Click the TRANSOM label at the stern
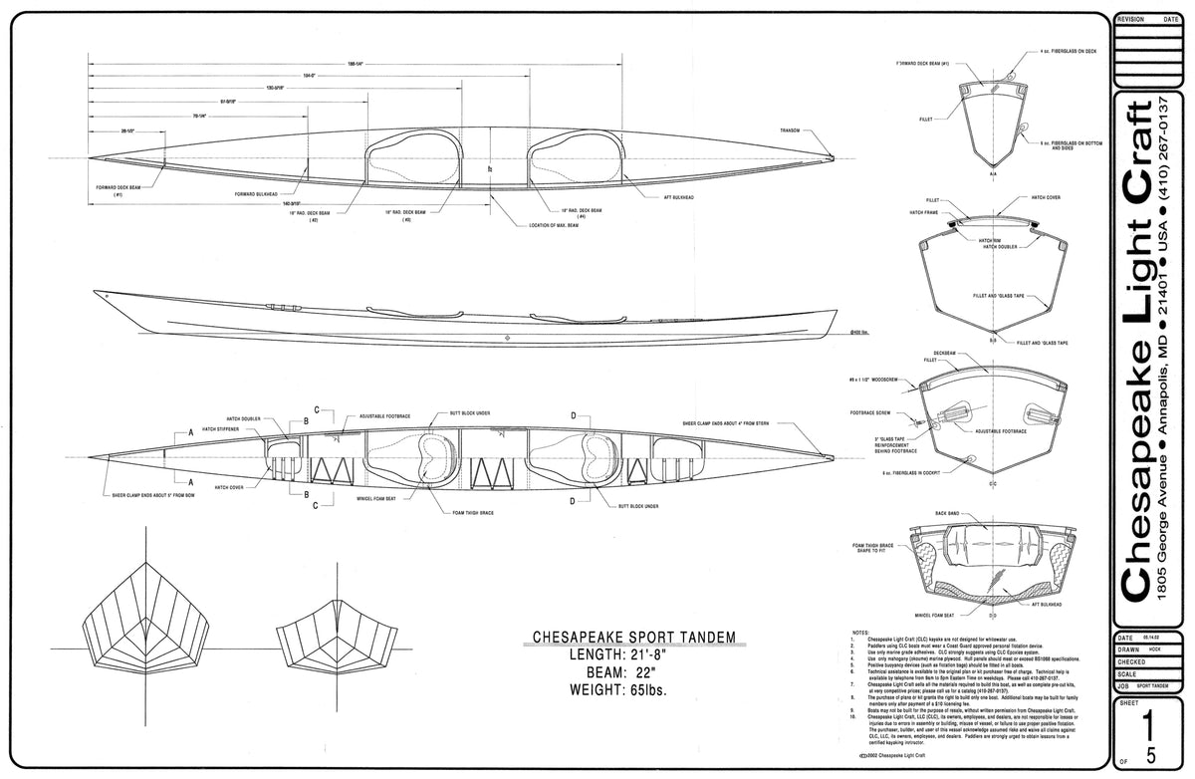tap(792, 130)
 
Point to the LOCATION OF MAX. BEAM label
tap(555, 225)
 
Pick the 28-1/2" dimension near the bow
tap(127, 130)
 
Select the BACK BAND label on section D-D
tap(947, 514)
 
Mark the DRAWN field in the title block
tap(1131, 649)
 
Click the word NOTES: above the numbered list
tap(861, 632)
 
